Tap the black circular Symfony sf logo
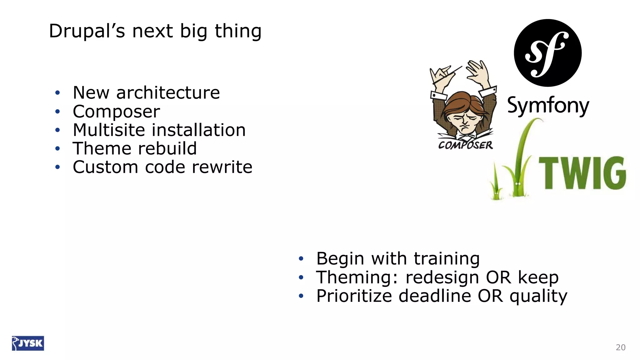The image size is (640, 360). [547, 53]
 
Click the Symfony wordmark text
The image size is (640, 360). [548, 106]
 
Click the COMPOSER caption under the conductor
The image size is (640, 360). [465, 145]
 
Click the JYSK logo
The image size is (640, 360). [28, 343]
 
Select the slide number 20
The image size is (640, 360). [620, 347]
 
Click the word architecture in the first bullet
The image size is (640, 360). [168, 93]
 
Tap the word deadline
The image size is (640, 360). [435, 296]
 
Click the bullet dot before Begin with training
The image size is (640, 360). [301, 259]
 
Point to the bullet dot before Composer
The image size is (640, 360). [57, 112]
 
